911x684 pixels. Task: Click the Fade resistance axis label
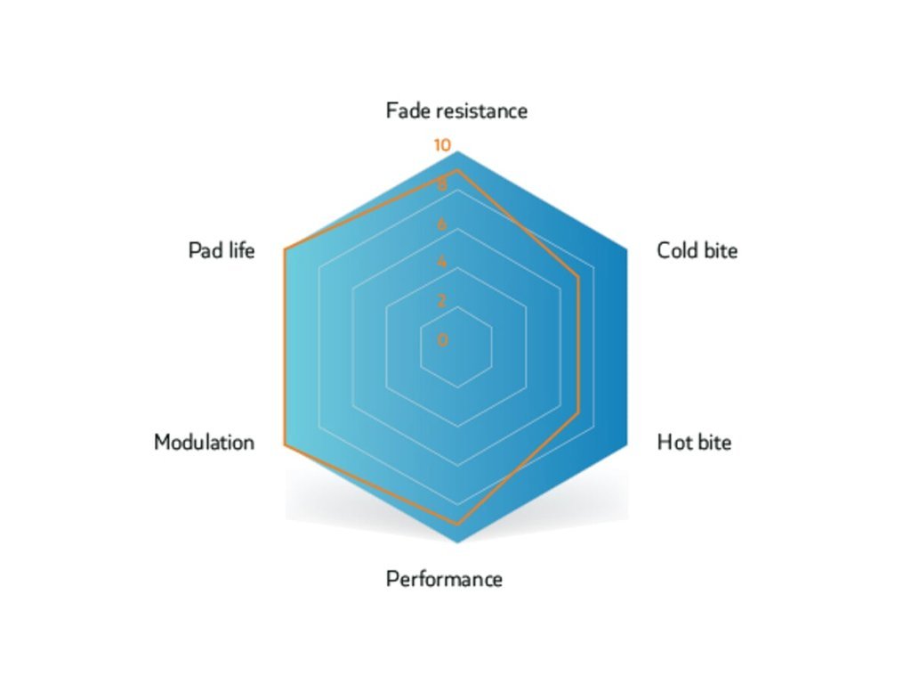456,110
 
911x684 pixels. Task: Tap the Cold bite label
697,250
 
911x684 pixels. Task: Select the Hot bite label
694,442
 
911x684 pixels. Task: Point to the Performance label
444,580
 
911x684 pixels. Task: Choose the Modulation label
204,442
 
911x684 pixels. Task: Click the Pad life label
221,250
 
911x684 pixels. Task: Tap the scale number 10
442,146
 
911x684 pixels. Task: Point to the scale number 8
442,186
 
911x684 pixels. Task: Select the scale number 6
442,224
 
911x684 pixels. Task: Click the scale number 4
442,263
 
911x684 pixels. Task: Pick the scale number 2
442,300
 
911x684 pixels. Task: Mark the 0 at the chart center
443,339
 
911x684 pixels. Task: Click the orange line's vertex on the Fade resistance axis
456,170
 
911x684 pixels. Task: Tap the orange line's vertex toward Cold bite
578,277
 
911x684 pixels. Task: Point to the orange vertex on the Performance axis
456,524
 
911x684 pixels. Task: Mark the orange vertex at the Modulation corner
284,443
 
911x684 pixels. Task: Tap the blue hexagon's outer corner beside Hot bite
627,443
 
